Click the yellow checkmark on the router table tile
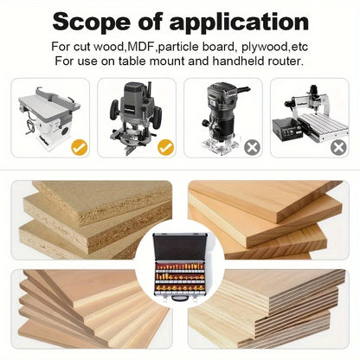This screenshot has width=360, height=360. pos(79,148)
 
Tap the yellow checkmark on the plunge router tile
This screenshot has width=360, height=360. pos(164,148)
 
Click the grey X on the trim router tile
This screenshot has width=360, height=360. pos(252,148)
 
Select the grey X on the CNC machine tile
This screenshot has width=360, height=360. pos(338,148)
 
